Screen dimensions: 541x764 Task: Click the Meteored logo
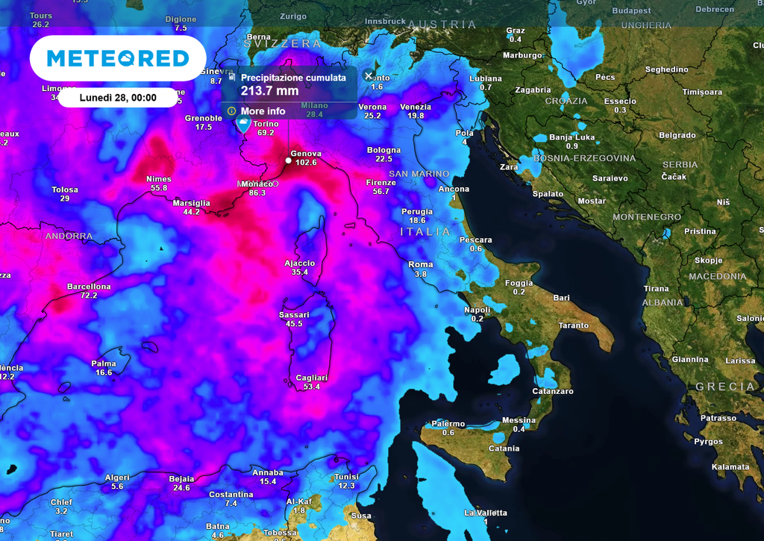(x=118, y=58)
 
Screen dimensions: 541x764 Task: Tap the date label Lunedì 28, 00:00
(x=118, y=98)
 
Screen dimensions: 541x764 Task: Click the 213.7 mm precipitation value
(x=269, y=91)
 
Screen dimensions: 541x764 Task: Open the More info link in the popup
(x=263, y=111)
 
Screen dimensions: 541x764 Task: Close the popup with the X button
(x=369, y=75)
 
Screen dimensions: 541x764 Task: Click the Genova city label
(x=306, y=153)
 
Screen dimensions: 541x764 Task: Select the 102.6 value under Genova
(x=306, y=163)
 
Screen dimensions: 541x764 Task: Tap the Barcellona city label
(x=89, y=287)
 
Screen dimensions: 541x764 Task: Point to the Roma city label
(x=421, y=265)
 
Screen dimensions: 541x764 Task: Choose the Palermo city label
(x=448, y=424)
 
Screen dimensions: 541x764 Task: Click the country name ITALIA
(x=426, y=232)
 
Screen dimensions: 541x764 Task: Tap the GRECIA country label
(x=725, y=387)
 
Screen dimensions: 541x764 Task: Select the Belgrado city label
(x=677, y=135)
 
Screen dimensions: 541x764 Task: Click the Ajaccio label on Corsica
(x=300, y=263)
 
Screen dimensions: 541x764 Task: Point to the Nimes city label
(x=159, y=179)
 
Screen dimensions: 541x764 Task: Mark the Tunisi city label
(x=346, y=477)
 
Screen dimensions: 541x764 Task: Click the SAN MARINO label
(x=419, y=174)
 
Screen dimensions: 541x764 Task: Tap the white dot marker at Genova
(x=289, y=160)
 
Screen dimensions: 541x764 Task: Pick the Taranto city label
(x=573, y=325)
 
